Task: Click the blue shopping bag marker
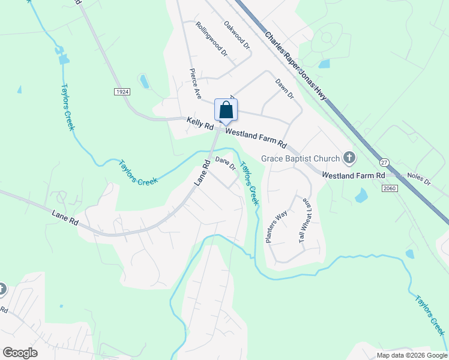click(x=226, y=111)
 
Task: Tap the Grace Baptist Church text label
click(x=300, y=159)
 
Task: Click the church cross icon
click(x=349, y=158)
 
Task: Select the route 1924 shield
click(x=122, y=91)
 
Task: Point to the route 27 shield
click(x=384, y=162)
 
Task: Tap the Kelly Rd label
click(x=200, y=124)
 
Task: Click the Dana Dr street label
click(x=225, y=163)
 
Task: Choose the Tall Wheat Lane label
click(x=306, y=220)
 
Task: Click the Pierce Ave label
click(x=195, y=83)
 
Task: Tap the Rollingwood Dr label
click(x=212, y=39)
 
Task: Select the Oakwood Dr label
click(x=236, y=33)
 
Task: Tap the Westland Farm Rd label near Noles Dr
click(x=353, y=175)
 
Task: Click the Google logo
click(x=20, y=353)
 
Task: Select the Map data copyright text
click(x=411, y=355)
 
